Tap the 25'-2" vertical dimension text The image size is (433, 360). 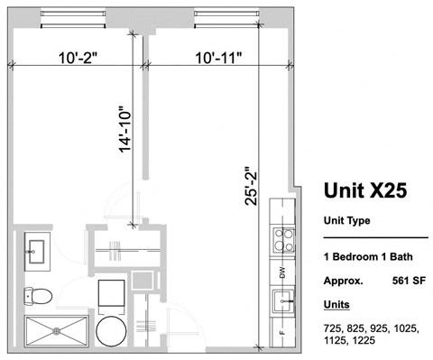(x=252, y=186)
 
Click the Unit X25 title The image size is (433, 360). (x=364, y=189)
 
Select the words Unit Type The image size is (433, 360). (x=346, y=220)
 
